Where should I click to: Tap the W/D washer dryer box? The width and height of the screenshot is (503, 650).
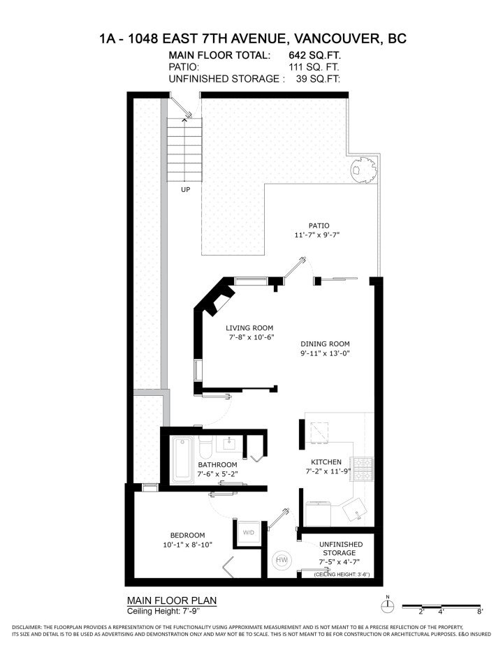click(249, 532)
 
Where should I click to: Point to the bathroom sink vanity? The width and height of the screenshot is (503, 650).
click(231, 443)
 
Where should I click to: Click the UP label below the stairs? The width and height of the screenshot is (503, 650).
click(185, 189)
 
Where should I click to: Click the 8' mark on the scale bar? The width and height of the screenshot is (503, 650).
click(480, 612)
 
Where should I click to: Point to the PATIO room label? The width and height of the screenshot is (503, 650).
click(319, 226)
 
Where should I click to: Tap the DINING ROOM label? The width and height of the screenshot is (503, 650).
click(325, 344)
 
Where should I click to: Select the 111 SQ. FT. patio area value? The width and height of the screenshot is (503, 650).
click(314, 67)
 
